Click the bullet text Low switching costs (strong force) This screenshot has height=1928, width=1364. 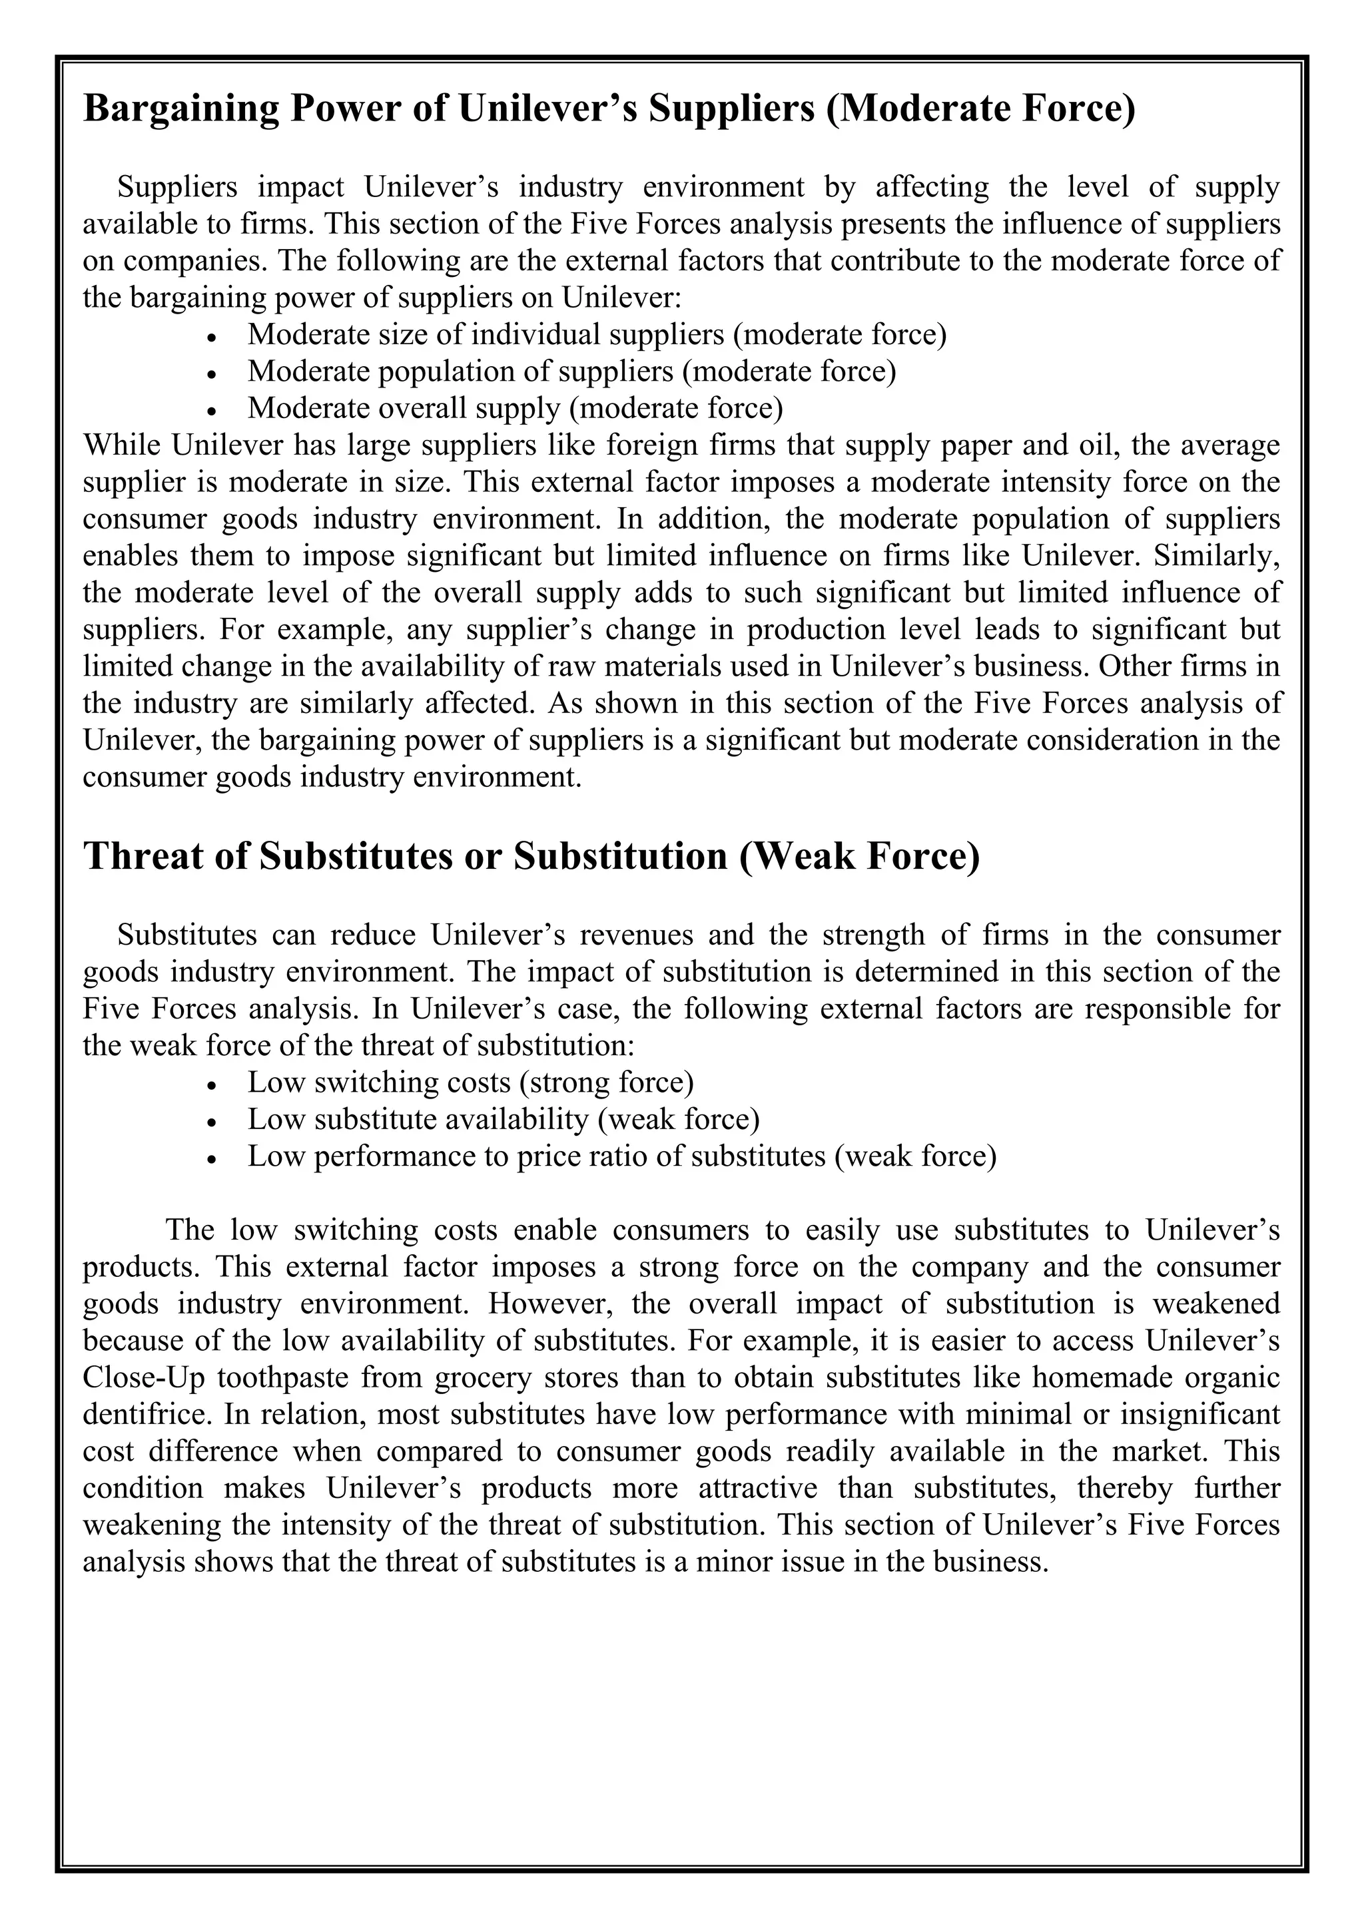pos(470,1083)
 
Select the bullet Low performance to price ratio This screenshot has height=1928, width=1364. pos(621,1156)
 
